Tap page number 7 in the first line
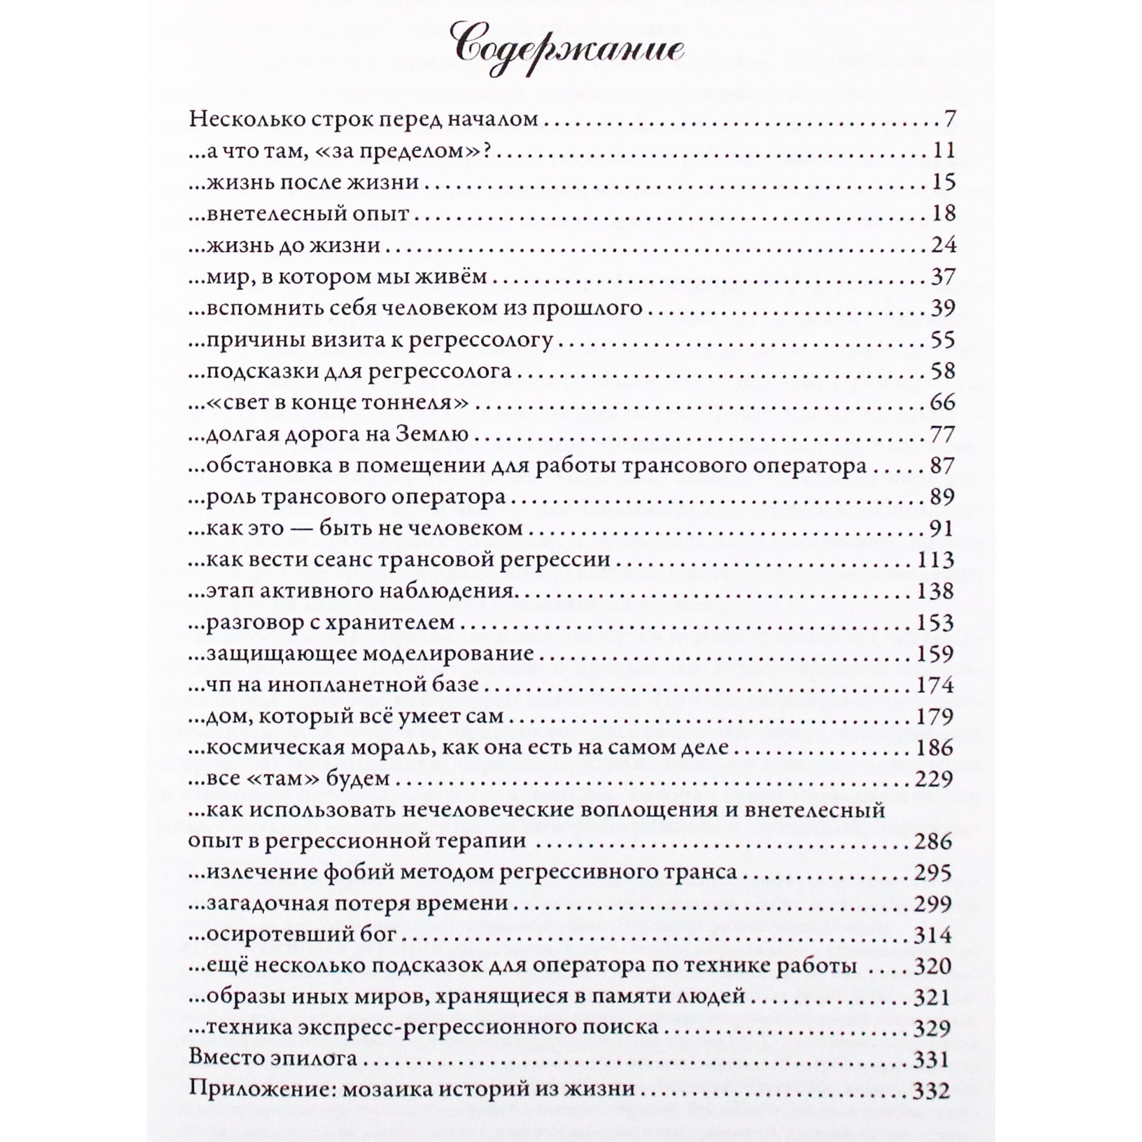click(x=949, y=119)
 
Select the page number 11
click(x=943, y=150)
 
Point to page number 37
click(x=941, y=277)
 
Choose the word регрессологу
click(x=481, y=341)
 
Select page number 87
click(x=941, y=466)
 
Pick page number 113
click(x=935, y=560)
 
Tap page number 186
click(x=935, y=748)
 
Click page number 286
click(x=934, y=842)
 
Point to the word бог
click(x=379, y=935)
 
